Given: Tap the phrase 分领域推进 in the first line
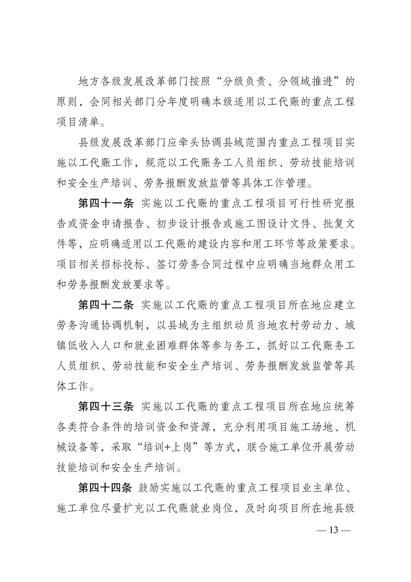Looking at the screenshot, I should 302,81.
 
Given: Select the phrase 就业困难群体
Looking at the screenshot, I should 189,347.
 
